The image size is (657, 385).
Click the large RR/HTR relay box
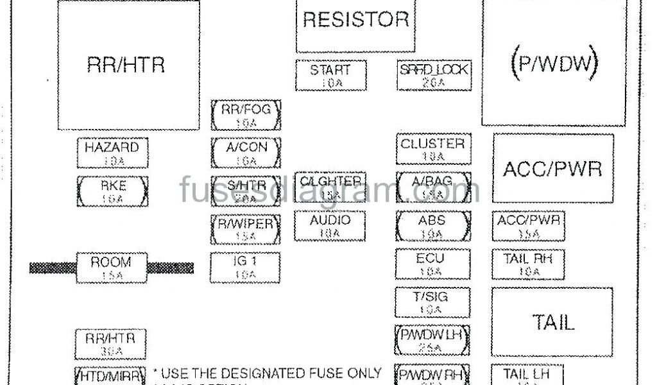pos(128,65)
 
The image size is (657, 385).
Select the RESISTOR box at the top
pos(355,26)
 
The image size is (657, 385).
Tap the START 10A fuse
pos(330,76)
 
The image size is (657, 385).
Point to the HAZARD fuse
pos(112,153)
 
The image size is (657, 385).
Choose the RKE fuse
pos(112,191)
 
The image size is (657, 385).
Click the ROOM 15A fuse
pos(112,268)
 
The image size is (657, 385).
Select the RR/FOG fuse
pos(246,115)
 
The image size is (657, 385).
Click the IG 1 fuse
pos(245,268)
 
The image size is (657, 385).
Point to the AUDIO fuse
pos(330,226)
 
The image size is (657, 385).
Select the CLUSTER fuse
pos(432,149)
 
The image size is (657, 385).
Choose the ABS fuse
pos(432,226)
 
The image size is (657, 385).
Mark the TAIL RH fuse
pos(528,264)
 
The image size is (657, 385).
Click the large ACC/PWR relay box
pos(552,168)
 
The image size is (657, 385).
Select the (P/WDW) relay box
pos(554,63)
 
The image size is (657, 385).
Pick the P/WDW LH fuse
pos(432,340)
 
